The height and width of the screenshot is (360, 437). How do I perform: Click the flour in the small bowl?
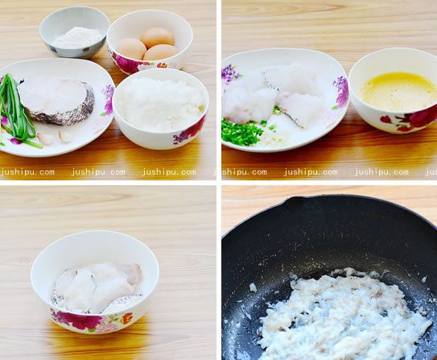click(77, 36)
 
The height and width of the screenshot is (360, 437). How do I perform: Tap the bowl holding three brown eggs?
click(150, 45)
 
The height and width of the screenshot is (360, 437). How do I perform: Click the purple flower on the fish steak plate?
click(108, 101)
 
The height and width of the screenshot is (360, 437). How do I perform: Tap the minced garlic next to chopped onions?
click(274, 139)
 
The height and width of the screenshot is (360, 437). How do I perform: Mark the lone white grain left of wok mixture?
click(253, 288)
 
